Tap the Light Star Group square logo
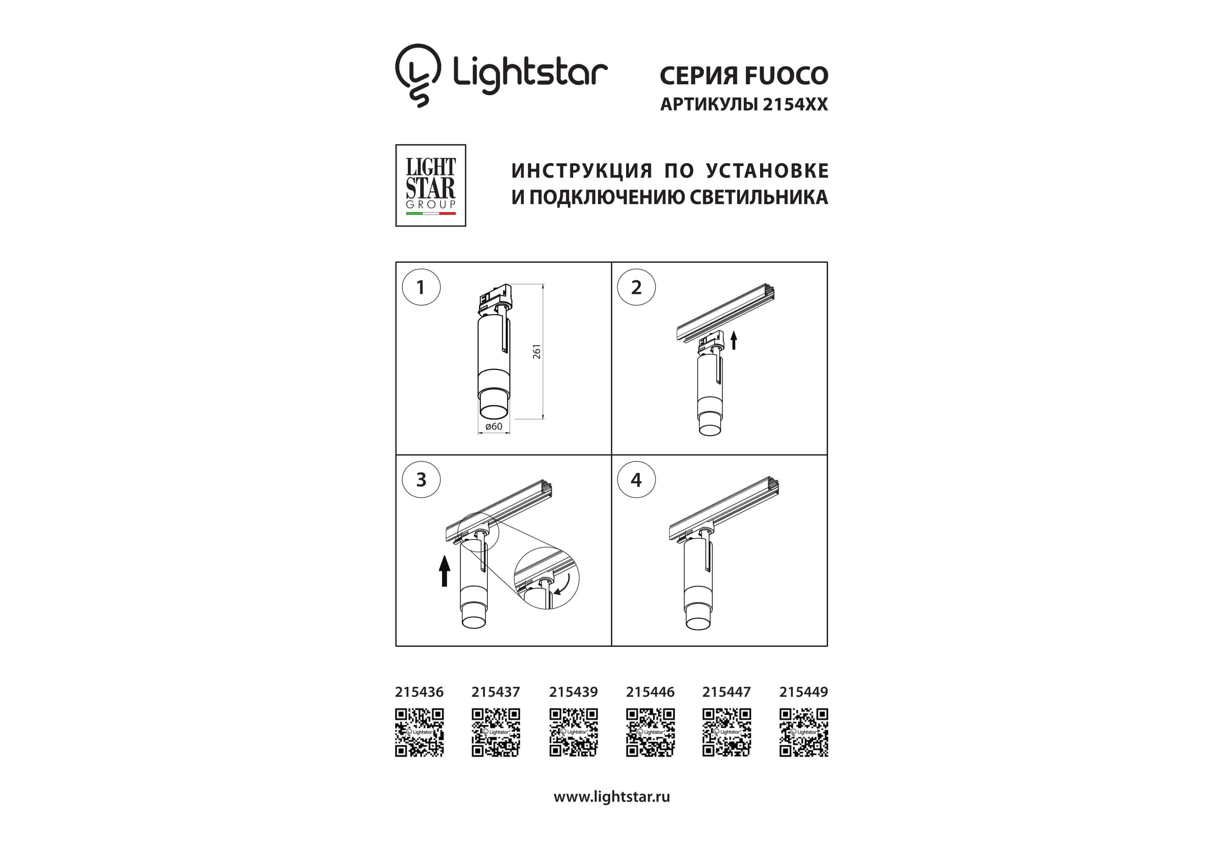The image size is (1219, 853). point(430,185)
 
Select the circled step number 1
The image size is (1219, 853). point(421,287)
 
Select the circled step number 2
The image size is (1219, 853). point(636,287)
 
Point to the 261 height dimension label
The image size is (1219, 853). point(537,351)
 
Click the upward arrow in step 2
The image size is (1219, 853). point(734,340)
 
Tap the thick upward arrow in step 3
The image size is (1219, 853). point(444,570)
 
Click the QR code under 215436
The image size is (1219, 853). point(419,732)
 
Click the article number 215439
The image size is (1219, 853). point(574,692)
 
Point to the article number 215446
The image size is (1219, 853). point(650,692)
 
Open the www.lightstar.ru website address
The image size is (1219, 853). point(612,797)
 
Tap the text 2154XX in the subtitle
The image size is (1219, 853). point(795,104)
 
